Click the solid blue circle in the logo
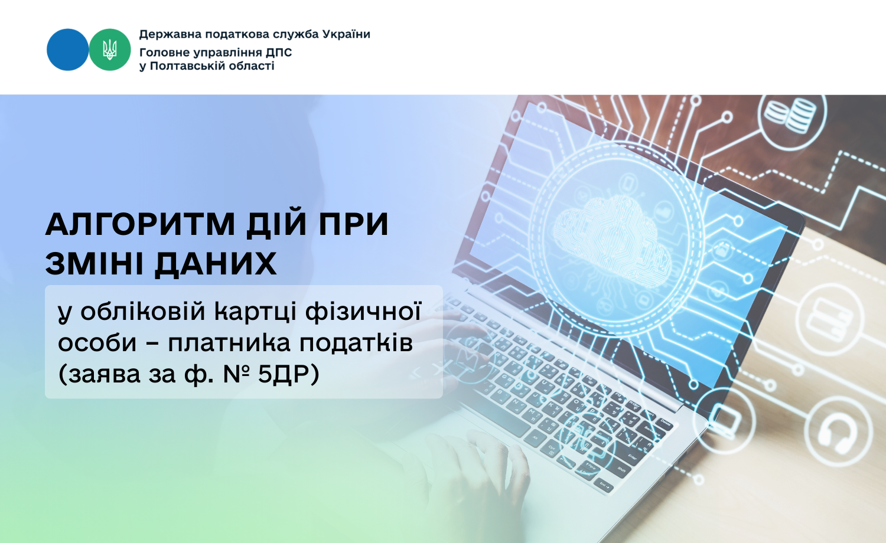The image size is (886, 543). point(68,50)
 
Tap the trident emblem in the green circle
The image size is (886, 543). point(109,50)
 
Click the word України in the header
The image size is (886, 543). point(346,34)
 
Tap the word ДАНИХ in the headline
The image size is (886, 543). point(215,263)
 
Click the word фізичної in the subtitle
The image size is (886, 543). point(363,312)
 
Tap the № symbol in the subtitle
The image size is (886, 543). point(236,374)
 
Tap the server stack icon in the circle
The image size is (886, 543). point(829,320)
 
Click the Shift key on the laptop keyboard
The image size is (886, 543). point(622,470)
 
